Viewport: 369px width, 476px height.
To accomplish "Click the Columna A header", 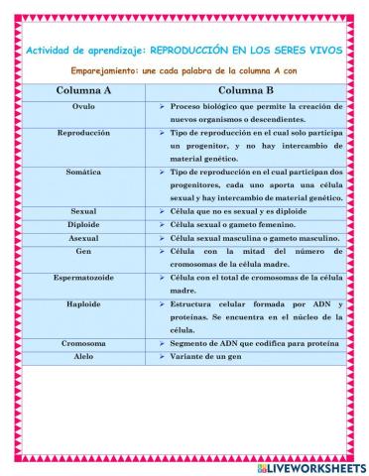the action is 84,88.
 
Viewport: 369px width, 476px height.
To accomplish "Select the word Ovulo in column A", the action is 84,104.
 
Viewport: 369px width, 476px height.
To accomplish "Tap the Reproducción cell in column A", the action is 84,132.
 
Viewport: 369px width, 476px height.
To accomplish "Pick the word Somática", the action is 84,172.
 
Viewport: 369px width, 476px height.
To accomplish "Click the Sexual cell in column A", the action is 84,211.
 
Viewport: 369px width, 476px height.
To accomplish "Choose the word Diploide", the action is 84,225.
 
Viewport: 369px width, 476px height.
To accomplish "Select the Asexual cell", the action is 84,238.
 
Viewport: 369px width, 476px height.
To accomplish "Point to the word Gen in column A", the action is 84,252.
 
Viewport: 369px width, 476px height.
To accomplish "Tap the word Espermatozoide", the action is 84,279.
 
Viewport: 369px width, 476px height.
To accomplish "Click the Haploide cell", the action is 84,304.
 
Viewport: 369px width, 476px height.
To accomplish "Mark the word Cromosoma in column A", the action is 84,343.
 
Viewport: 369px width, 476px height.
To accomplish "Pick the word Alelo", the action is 84,356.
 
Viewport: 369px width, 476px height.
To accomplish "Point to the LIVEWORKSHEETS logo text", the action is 316,465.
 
